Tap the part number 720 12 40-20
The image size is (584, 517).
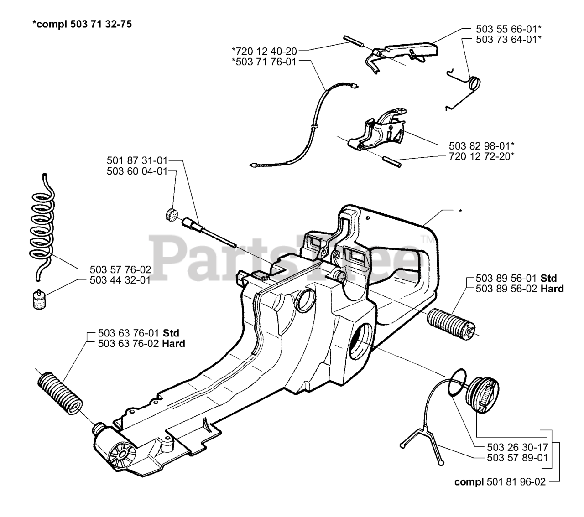(x=264, y=51)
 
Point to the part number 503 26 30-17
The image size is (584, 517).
(x=511, y=447)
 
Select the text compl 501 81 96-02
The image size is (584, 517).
(x=500, y=481)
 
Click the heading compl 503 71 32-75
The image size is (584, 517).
(x=82, y=25)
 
